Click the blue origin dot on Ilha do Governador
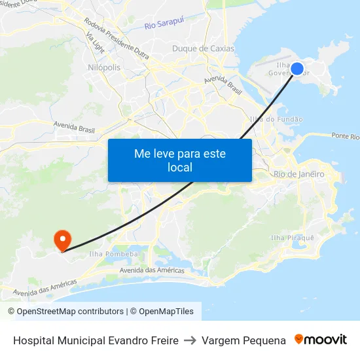tap(297, 69)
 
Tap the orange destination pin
tap(63, 239)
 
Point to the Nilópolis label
tap(103, 67)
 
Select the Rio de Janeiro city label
tap(298, 174)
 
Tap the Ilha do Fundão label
tap(276, 119)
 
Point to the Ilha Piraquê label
tap(293, 237)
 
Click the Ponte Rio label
tap(345, 136)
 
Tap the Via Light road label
tap(94, 44)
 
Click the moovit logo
tap(320, 340)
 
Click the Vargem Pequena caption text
tap(243, 340)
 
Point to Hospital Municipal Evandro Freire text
tap(96, 340)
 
